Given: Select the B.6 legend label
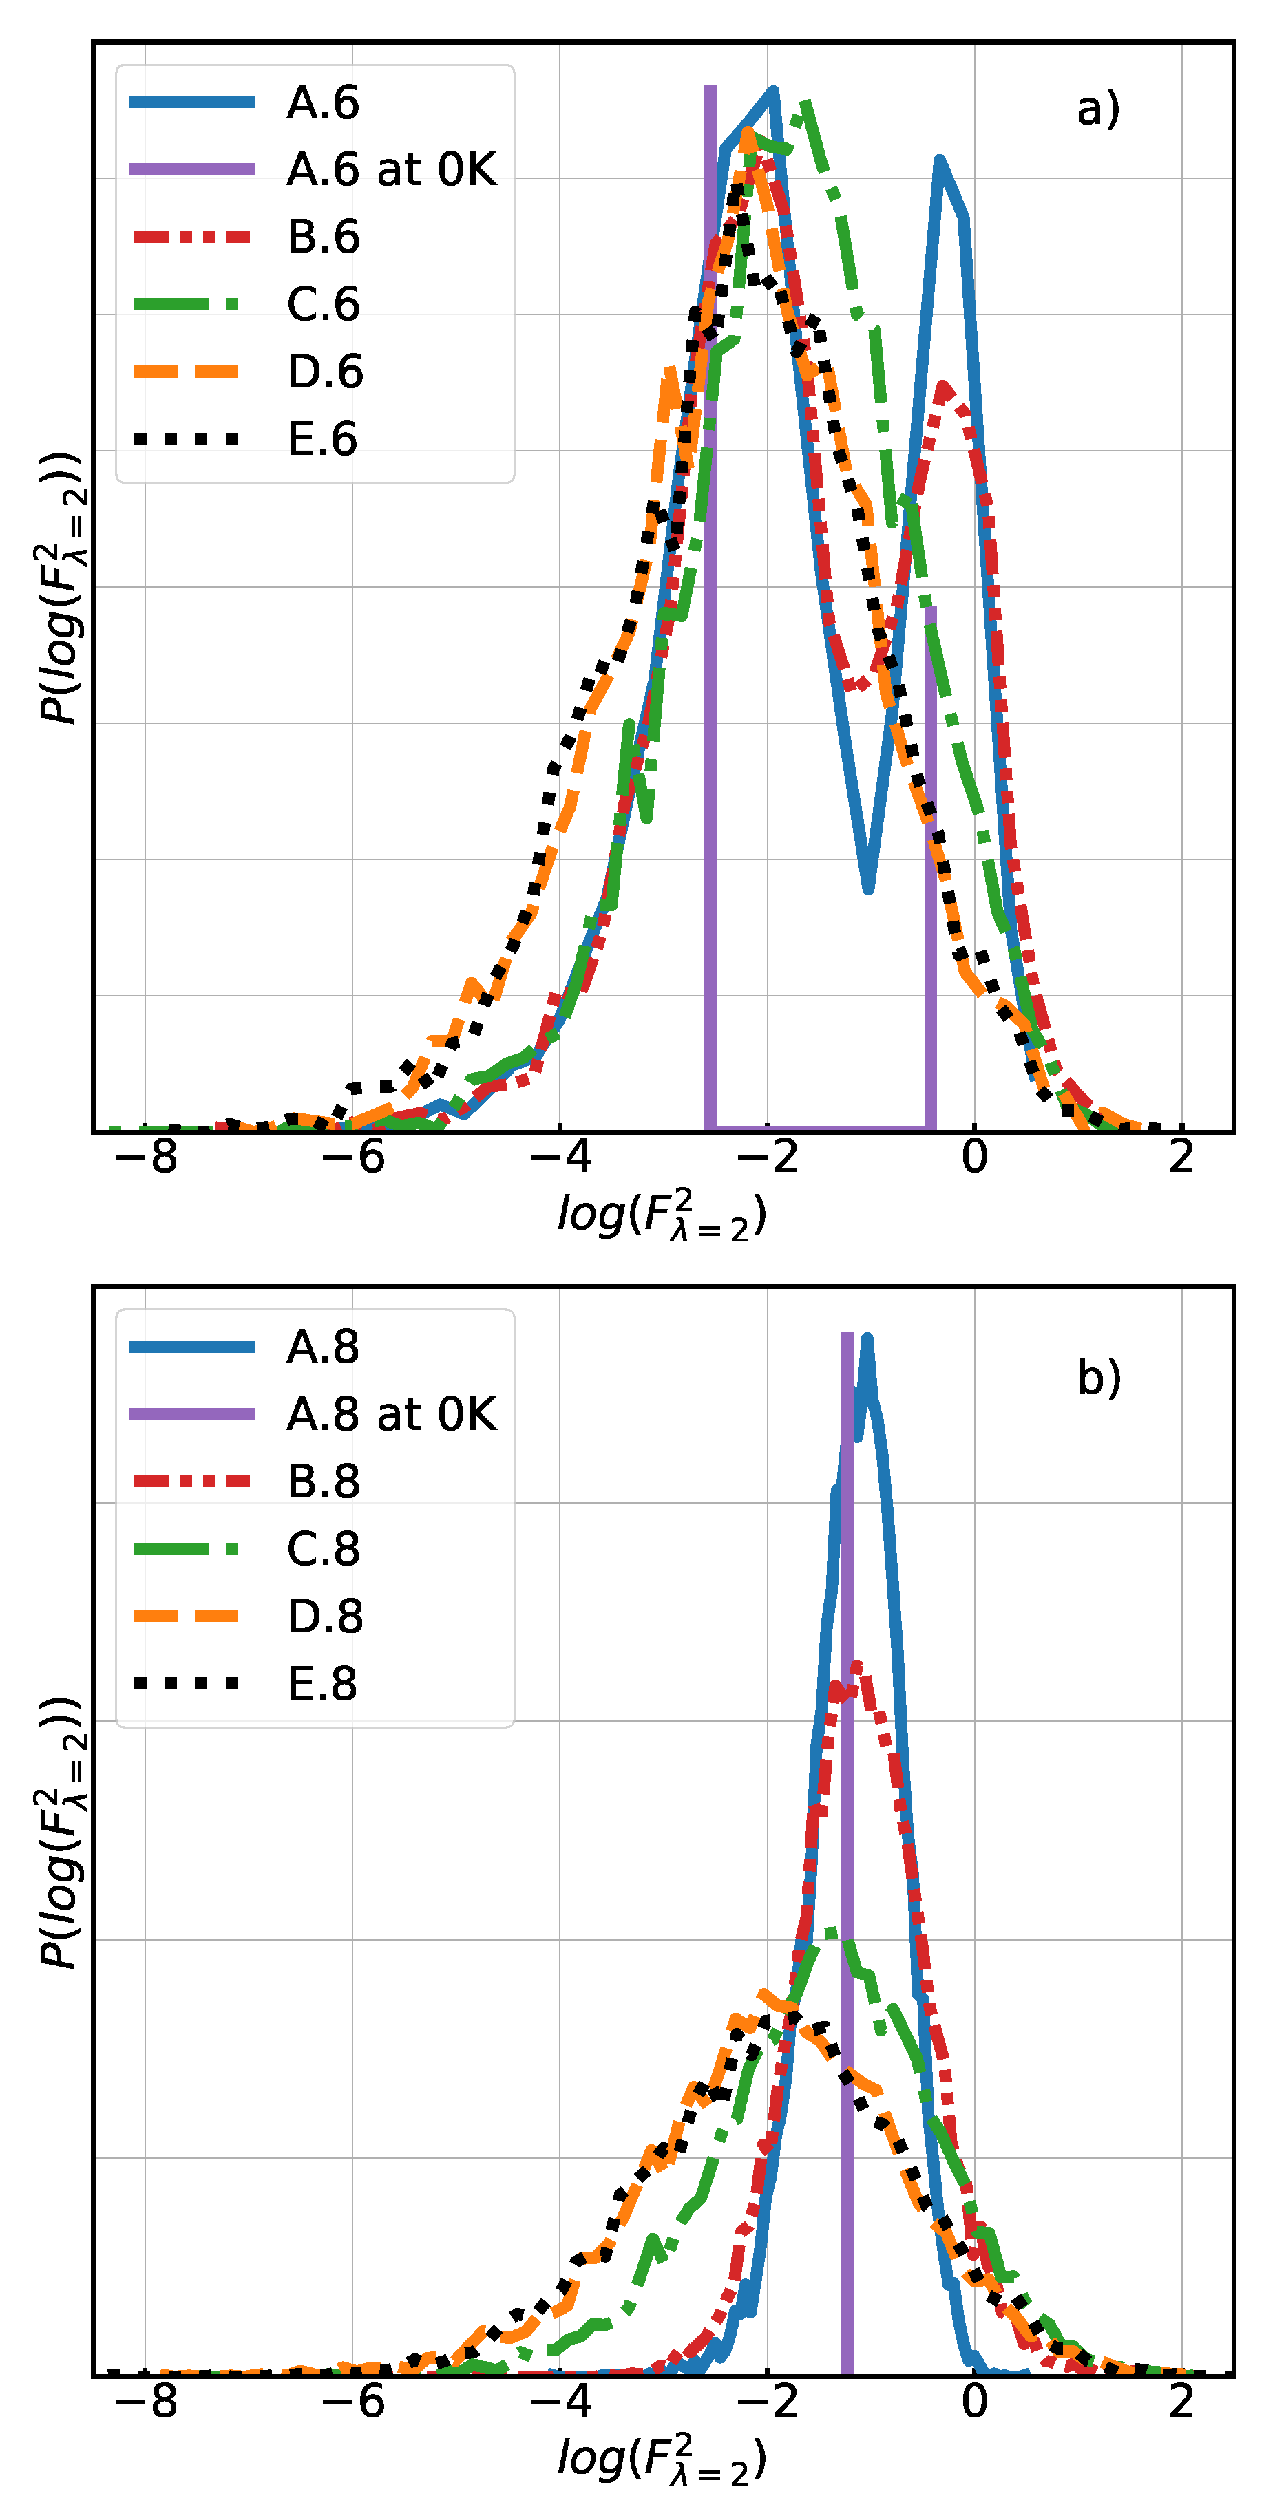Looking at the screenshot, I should pos(323,237).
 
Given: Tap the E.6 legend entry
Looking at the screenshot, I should pos(322,439).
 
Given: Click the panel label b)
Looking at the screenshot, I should pos(1098,1378).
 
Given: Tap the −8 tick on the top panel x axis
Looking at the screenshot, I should pos(146,1157).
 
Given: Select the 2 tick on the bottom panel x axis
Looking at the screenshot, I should pos(1181,2402).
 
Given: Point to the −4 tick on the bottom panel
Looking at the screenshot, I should pos(560,2402).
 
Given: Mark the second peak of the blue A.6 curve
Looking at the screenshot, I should pos(939,162).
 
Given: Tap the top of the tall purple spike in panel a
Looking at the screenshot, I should pos(710,90).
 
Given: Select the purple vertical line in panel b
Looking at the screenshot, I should pos(847,1859).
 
